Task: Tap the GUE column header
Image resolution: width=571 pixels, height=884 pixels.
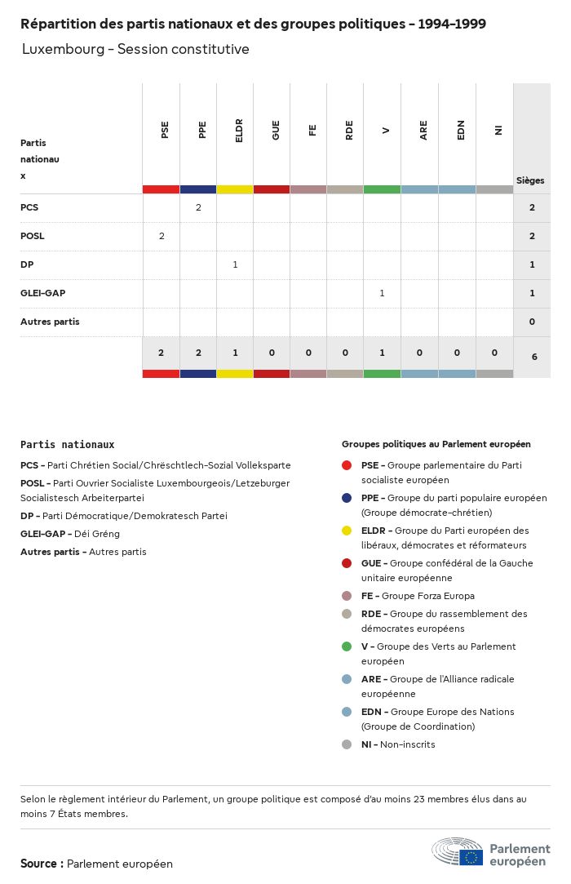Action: click(x=276, y=130)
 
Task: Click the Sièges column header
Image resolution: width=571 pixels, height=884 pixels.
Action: click(x=530, y=180)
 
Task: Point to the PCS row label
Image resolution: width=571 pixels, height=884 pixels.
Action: click(x=29, y=207)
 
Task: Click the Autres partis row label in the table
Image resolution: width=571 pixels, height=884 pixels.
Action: click(x=50, y=322)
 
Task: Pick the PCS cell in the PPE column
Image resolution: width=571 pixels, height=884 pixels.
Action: click(x=198, y=207)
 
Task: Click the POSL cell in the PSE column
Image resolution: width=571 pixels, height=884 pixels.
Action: click(x=162, y=236)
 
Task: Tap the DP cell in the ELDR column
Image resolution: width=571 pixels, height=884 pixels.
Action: click(x=235, y=264)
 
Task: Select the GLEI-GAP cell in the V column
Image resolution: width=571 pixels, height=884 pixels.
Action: click(x=382, y=293)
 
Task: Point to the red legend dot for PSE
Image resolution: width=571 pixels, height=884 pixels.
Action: click(x=347, y=465)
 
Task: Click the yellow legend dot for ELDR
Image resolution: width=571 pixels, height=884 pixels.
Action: click(x=347, y=531)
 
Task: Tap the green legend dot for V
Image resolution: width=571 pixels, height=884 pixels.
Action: click(x=347, y=646)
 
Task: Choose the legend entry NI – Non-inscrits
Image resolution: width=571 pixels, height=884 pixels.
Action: click(x=398, y=744)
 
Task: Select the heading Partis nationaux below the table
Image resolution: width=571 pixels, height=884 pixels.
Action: click(x=67, y=445)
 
